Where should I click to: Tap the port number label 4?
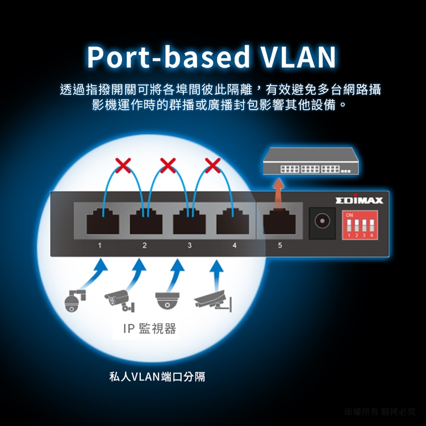[235, 245]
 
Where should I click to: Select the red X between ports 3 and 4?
[212, 165]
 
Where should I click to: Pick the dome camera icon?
[168, 300]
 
